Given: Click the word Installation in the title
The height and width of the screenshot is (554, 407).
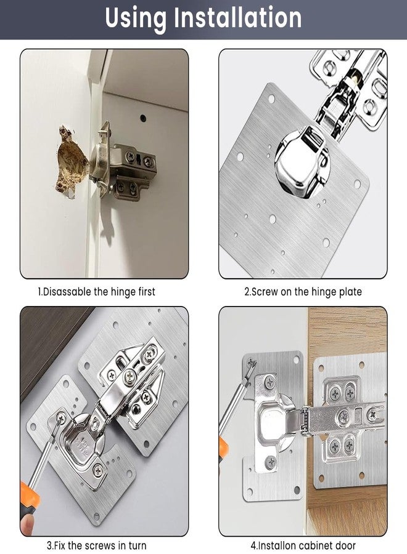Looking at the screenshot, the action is [x=237, y=17].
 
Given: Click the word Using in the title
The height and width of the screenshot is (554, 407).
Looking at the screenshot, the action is [x=136, y=19].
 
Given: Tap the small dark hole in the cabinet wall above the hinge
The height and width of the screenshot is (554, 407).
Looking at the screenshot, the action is [x=143, y=117].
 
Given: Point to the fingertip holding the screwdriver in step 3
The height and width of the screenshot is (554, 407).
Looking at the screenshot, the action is [x=28, y=525].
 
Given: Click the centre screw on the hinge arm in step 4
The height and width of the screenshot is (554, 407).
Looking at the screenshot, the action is [x=343, y=417].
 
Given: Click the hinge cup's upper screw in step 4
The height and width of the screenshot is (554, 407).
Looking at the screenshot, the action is [x=270, y=382].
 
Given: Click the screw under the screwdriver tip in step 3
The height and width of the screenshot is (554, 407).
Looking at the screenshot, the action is [x=61, y=419].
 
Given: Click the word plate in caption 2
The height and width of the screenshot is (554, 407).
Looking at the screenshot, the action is [x=350, y=292].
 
